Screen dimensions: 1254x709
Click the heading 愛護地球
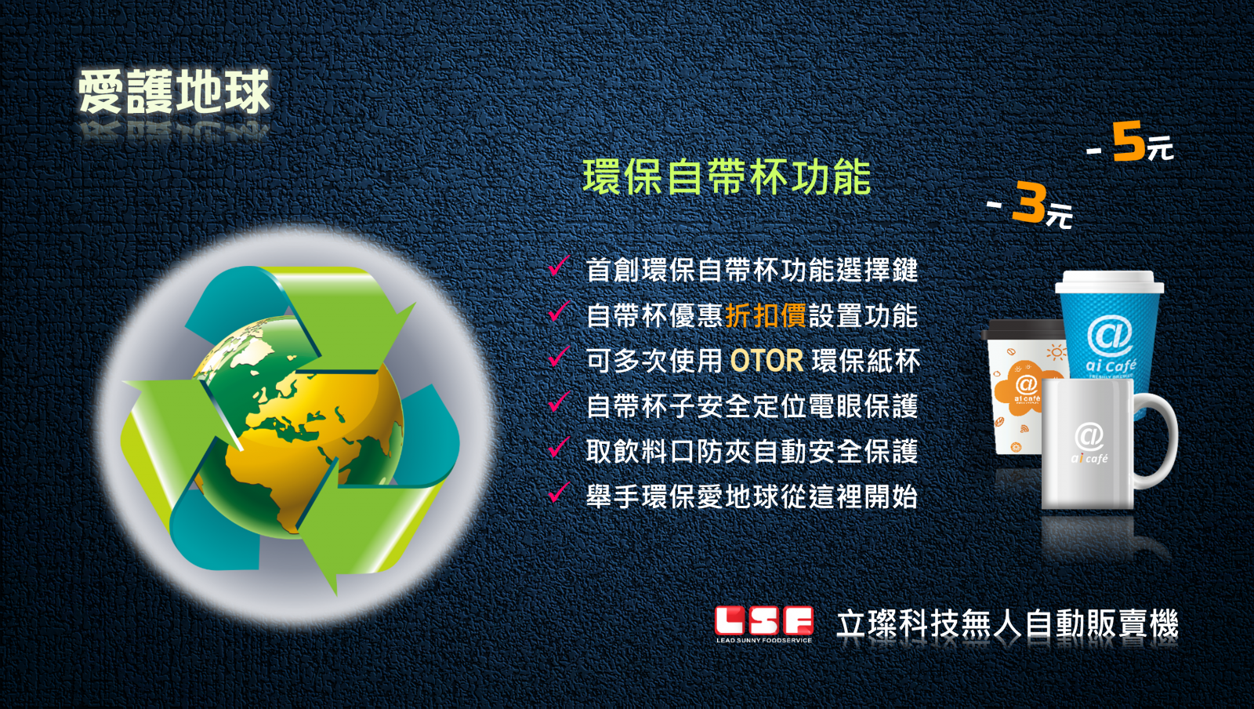[174, 93]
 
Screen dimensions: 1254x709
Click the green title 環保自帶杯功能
[727, 177]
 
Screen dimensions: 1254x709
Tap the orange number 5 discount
[1128, 143]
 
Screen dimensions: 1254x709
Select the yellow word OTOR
[767, 361]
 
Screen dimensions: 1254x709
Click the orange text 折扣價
[765, 315]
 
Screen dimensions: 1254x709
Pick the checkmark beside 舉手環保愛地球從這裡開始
[559, 493]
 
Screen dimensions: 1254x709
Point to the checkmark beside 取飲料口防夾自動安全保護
[559, 447]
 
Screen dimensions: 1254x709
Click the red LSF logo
[763, 620]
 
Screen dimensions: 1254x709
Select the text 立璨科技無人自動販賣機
[1007, 624]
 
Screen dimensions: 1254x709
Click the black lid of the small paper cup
[1024, 330]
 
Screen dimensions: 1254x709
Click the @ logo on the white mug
[1089, 437]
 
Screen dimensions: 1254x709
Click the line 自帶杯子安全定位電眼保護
[752, 406]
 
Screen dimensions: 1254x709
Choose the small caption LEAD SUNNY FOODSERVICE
[763, 639]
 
